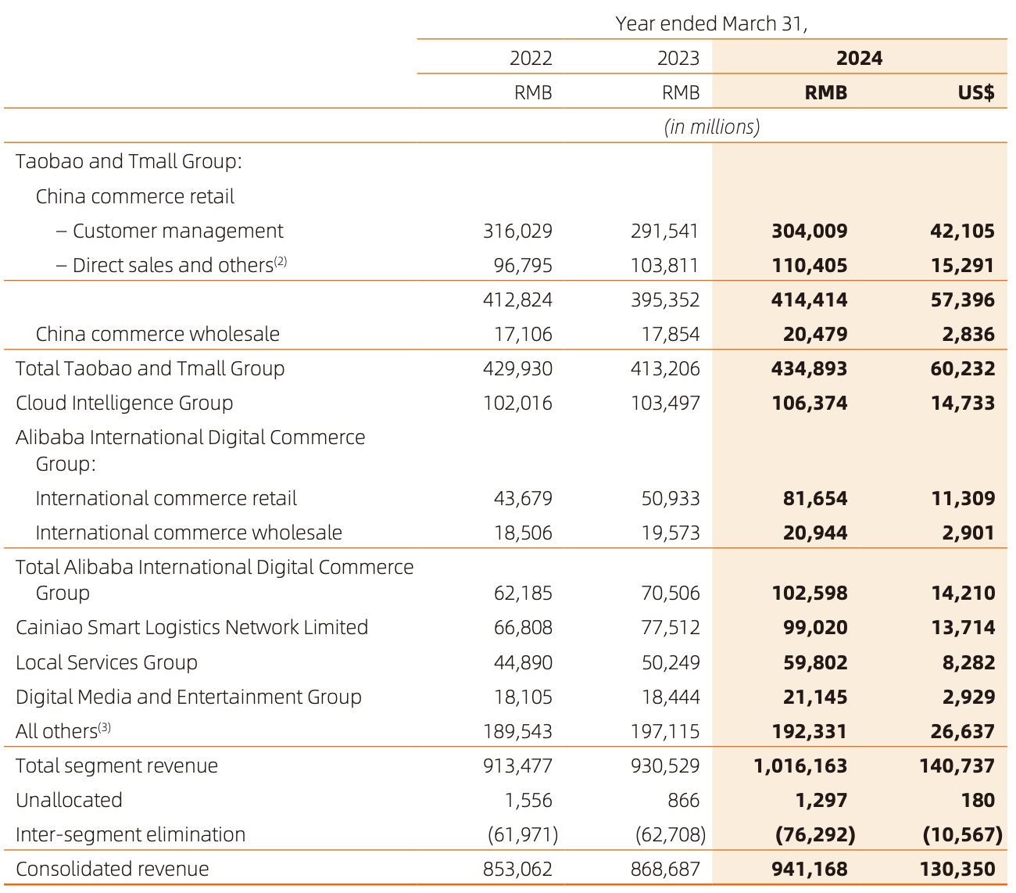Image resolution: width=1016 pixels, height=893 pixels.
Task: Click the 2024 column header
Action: [x=859, y=59]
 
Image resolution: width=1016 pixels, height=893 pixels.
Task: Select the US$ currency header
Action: [x=976, y=93]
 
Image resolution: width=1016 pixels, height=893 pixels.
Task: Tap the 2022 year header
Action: [x=531, y=59]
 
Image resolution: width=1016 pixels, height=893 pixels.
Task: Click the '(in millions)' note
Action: [x=711, y=127]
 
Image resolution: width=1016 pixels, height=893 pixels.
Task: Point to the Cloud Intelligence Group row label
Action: [x=124, y=403]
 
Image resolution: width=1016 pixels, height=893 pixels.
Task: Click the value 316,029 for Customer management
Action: [x=517, y=231]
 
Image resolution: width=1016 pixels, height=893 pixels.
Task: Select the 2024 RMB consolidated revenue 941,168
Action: [x=809, y=870]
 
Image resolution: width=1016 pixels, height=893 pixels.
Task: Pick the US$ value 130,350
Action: [x=963, y=870]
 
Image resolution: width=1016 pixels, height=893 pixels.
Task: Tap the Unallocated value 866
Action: [x=684, y=801]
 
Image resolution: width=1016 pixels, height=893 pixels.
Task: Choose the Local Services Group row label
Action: [x=106, y=663]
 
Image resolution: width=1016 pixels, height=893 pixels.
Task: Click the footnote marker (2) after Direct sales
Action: [x=281, y=261]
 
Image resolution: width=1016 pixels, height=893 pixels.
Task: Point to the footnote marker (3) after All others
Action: [x=105, y=727]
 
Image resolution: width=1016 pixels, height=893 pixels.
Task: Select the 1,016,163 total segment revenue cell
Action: [x=800, y=766]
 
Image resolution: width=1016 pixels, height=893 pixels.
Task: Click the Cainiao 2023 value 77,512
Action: [x=667, y=628]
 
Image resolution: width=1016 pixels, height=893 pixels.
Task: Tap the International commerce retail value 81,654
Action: [x=815, y=499]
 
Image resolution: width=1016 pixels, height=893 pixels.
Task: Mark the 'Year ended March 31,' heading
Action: [x=711, y=23]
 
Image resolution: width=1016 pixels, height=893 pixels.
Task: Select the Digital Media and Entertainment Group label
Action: [x=188, y=698]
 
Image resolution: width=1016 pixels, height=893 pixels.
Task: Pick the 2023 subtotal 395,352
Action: [x=665, y=300]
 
